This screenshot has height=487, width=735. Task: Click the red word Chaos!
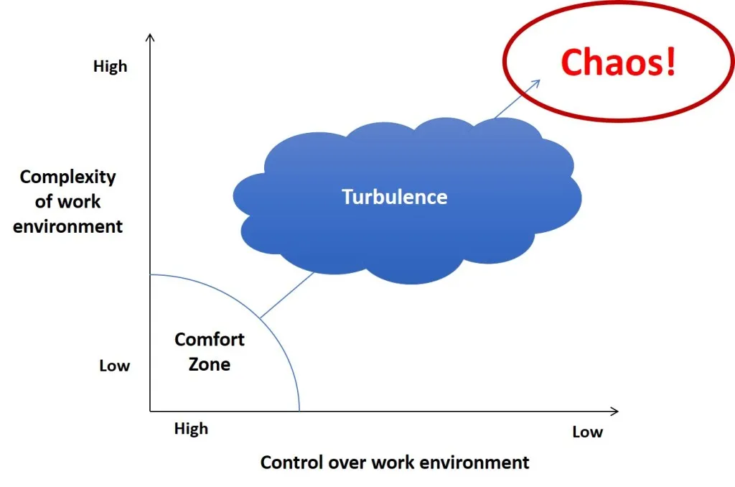click(618, 62)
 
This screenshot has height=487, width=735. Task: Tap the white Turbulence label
click(394, 197)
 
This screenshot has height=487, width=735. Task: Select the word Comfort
click(210, 339)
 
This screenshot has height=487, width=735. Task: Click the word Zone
click(210, 364)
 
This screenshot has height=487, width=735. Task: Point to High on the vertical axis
click(110, 66)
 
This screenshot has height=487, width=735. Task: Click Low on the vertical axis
click(114, 366)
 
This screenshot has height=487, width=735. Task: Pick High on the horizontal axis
click(191, 428)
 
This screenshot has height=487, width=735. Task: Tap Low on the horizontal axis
click(587, 432)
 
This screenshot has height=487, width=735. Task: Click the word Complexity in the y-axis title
click(68, 177)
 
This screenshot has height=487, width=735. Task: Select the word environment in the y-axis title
click(68, 226)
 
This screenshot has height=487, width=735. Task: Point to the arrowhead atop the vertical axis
click(150, 36)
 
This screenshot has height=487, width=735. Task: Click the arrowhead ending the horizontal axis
click(615, 412)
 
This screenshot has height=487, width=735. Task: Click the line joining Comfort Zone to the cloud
click(287, 295)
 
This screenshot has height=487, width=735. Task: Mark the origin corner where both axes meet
click(150, 412)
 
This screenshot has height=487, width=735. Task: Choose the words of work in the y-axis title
click(67, 202)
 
